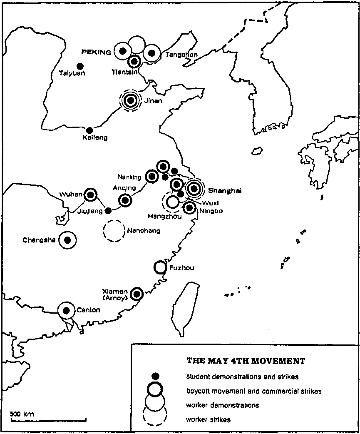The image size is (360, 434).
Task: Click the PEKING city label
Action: coord(97,52)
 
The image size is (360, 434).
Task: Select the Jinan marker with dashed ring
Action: coord(130,100)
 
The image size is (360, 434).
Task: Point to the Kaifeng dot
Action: coord(89,130)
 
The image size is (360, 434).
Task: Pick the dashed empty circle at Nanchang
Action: coord(114,230)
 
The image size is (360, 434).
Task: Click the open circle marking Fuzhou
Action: coord(160,267)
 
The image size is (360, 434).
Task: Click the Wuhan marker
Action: coord(91,195)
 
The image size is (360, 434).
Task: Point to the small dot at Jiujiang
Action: coord(108,210)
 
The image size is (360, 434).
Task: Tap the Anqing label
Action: coord(124,188)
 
